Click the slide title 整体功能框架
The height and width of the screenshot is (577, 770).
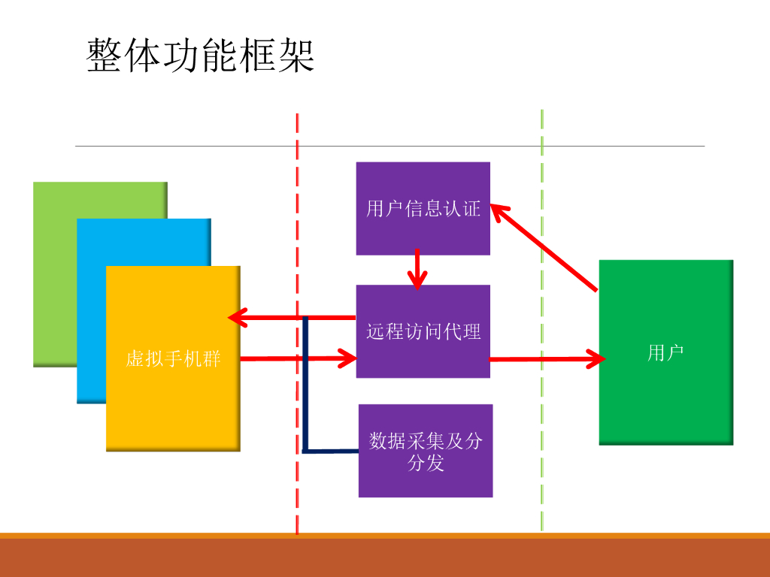201,56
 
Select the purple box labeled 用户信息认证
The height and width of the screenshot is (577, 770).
423,208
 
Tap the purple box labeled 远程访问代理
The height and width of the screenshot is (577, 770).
423,331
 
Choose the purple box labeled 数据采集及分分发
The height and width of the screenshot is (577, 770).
426,451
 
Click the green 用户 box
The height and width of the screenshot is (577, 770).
665,391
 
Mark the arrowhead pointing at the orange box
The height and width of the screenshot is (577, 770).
237,318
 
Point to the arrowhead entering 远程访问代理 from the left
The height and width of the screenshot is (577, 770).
347,358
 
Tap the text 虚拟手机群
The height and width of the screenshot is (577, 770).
173,359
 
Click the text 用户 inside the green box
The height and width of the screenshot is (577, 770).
665,352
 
